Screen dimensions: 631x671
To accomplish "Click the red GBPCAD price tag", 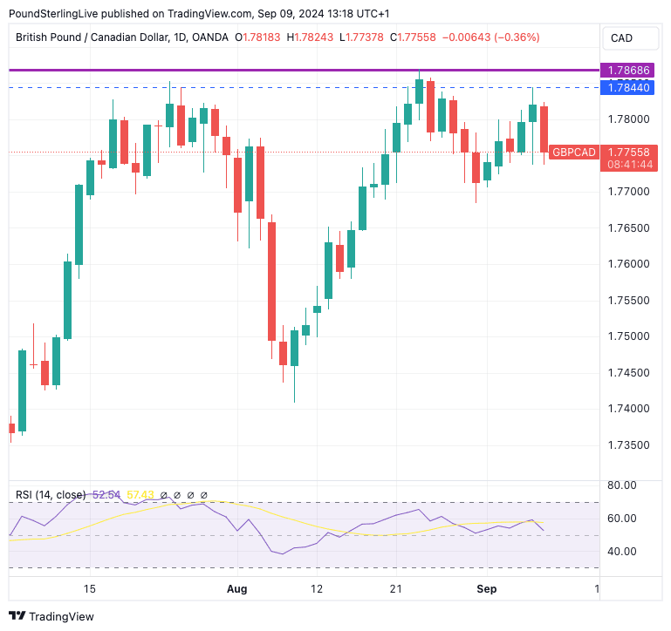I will (x=574, y=152).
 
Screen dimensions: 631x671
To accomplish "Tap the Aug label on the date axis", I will (x=236, y=589).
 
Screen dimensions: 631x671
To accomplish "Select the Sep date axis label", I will (x=486, y=589).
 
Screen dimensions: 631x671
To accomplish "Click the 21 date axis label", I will (x=395, y=589).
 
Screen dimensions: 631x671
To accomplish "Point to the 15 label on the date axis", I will (x=89, y=589).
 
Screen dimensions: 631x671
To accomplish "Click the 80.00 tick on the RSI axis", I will (x=621, y=485).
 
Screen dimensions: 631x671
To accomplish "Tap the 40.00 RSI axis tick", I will (x=621, y=551).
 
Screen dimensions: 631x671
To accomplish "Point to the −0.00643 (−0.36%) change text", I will (x=490, y=37).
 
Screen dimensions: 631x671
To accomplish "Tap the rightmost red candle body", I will (x=544, y=129).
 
